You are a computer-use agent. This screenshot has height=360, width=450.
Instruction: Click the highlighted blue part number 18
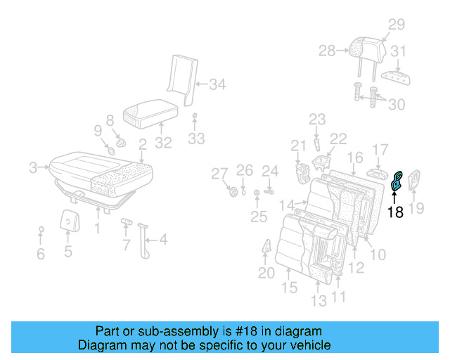point(397,182)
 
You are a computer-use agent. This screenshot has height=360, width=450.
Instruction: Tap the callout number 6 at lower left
point(41,254)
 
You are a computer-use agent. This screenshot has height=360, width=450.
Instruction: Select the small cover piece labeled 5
point(68,220)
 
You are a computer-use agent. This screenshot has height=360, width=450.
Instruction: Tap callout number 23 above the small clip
point(317,120)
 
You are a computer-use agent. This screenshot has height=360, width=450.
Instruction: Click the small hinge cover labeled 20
point(268,249)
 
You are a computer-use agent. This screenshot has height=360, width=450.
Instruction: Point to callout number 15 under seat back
point(289,288)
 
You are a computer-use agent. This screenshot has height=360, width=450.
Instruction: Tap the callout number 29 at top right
point(397,25)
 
